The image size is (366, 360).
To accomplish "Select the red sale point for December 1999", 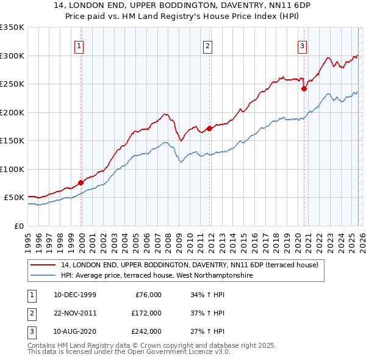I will click(x=81, y=182).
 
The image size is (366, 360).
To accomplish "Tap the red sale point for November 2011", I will click(x=209, y=128).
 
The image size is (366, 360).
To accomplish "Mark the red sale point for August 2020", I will click(x=304, y=88).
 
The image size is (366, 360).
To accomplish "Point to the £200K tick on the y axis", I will click(x=12, y=112).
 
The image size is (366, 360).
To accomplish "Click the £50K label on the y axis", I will click(x=14, y=198).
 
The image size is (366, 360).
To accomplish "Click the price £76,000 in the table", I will click(x=146, y=295).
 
